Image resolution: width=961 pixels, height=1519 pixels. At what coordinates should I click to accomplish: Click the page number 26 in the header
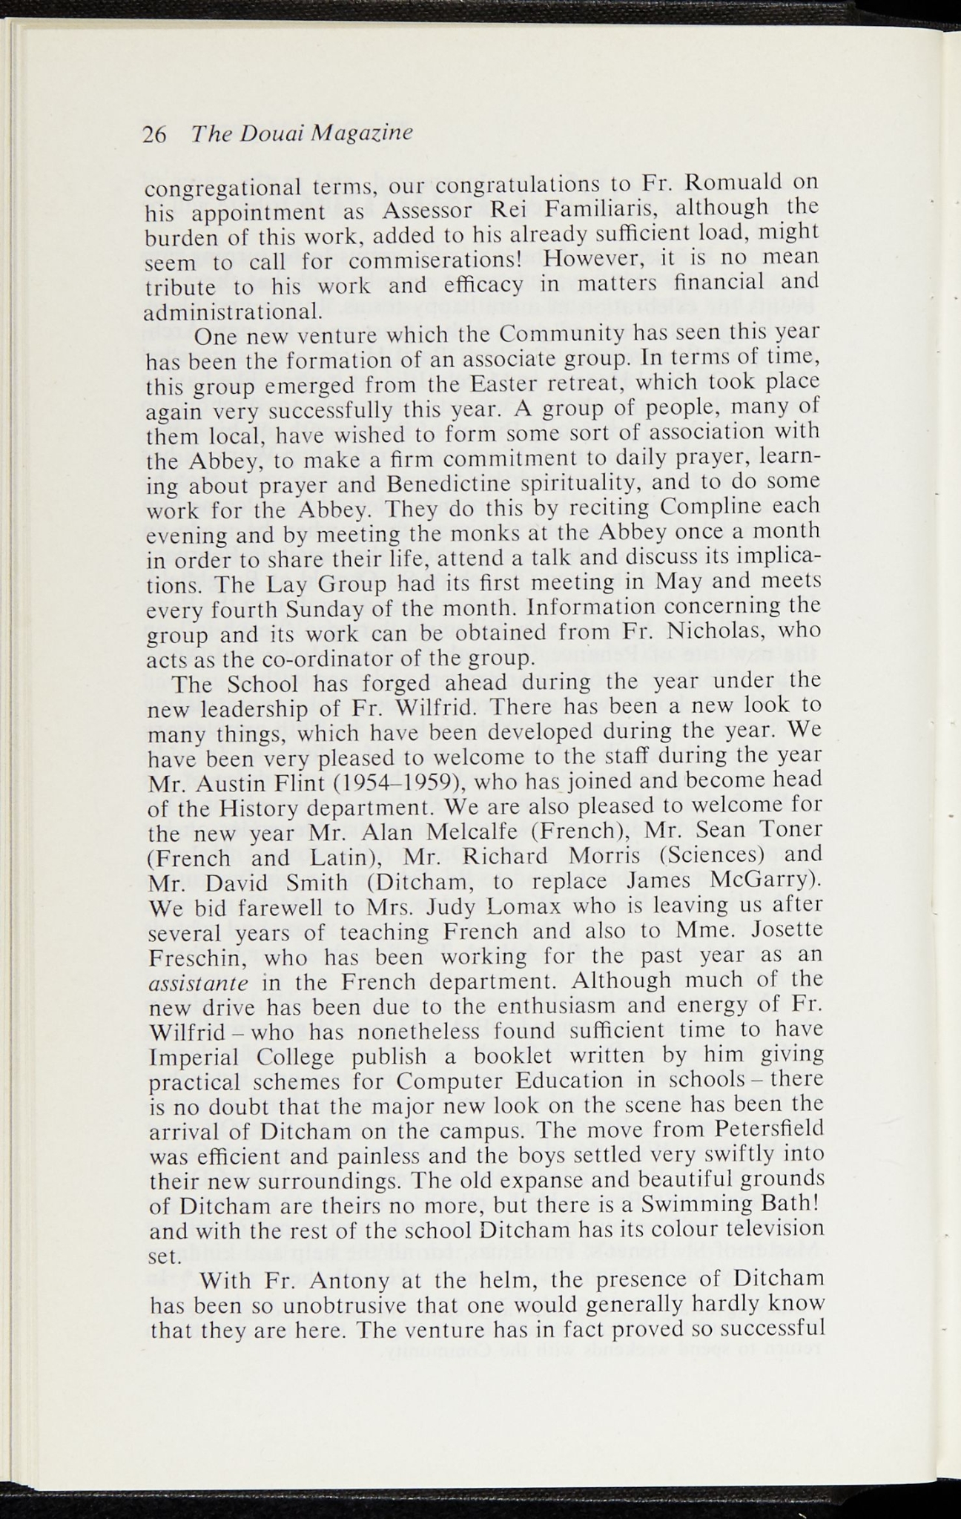click(155, 134)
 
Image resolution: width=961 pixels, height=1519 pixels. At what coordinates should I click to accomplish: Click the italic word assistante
click(199, 983)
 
